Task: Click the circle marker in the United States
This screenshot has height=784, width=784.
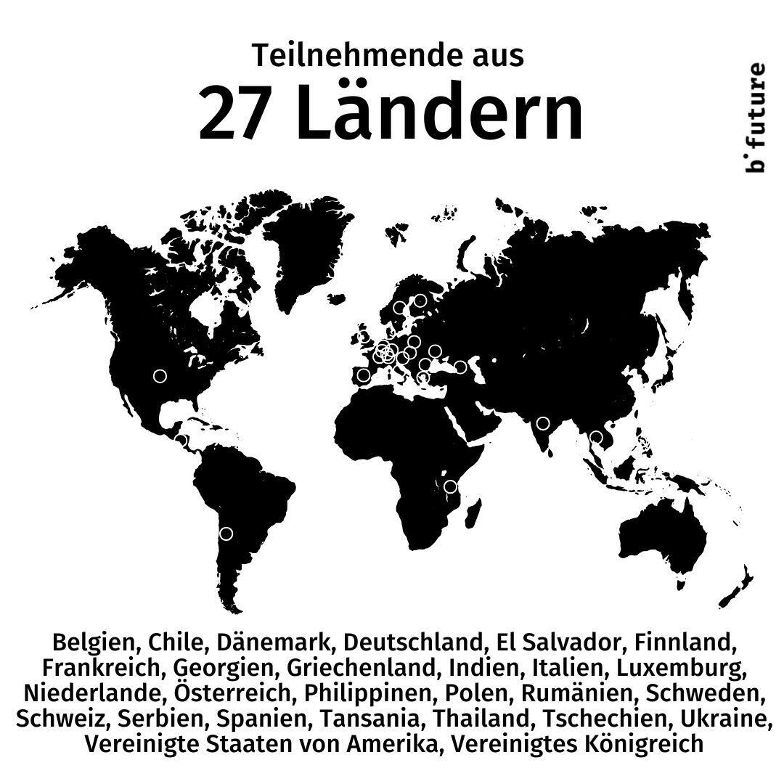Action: click(160, 376)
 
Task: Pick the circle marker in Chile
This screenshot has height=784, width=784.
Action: click(226, 534)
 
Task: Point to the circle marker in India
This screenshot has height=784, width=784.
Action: click(543, 423)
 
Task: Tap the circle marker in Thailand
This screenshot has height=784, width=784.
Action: click(596, 437)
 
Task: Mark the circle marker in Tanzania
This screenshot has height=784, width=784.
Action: click(451, 486)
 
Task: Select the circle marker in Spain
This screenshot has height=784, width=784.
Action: click(364, 375)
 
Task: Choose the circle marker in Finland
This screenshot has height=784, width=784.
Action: click(420, 301)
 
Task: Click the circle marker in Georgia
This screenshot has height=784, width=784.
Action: click(460, 367)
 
